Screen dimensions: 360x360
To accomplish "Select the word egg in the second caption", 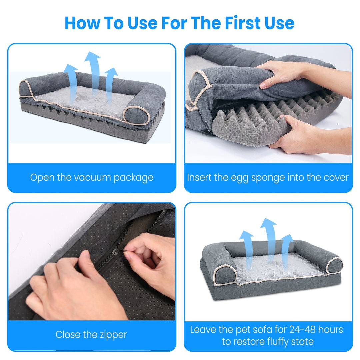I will [239, 177].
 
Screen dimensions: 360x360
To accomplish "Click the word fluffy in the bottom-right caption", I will [272, 341].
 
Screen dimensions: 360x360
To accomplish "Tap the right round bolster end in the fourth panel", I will [334, 265].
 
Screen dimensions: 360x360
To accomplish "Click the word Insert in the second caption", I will [199, 177].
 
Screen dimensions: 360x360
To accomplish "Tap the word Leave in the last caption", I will [203, 330].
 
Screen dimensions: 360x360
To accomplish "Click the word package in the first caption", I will [133, 177].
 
